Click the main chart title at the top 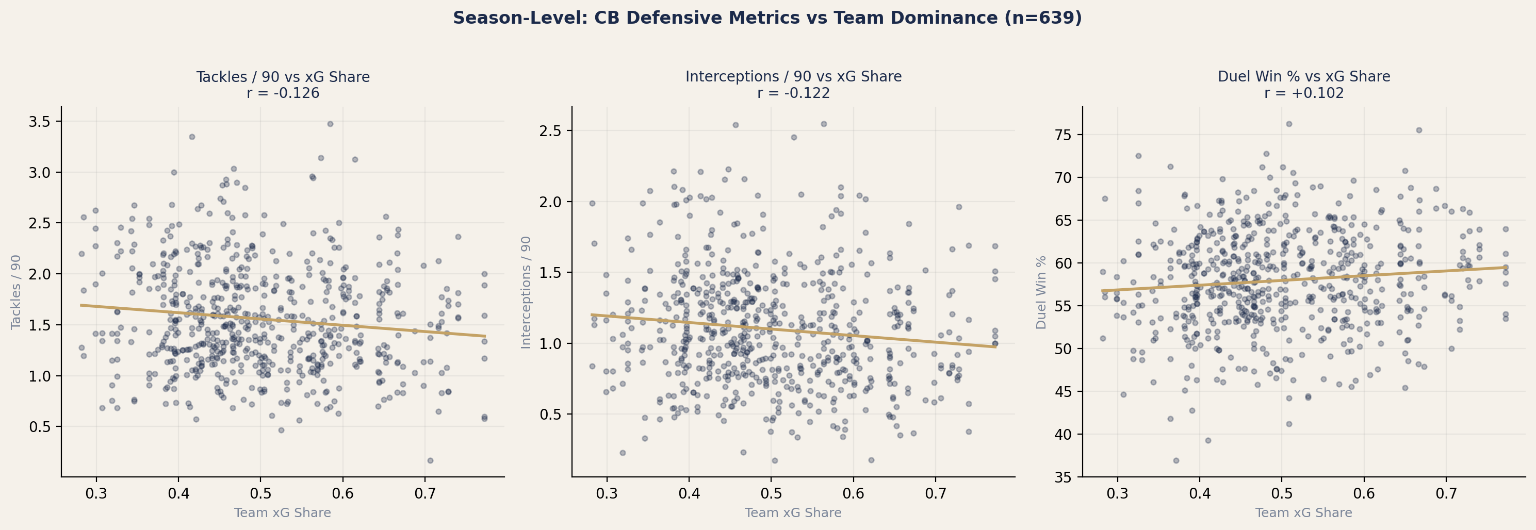tap(767, 18)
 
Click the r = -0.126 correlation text tap(283, 93)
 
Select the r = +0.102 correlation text tap(1303, 93)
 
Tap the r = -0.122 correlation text tap(793, 93)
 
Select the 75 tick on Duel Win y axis tap(1063, 135)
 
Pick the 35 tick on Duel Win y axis tap(1063, 477)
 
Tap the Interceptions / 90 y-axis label tap(526, 292)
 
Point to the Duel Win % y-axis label tap(1041, 292)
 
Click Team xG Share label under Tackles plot tap(282, 512)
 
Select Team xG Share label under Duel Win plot tap(1303, 512)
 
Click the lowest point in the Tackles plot tap(430, 460)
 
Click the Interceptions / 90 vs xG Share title tap(793, 77)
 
